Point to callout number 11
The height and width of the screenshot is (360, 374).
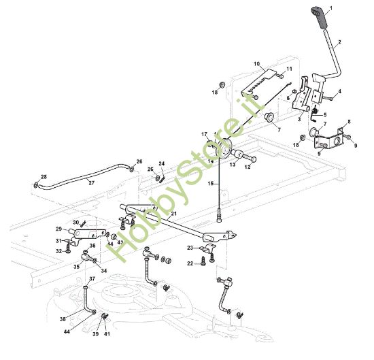(288, 69)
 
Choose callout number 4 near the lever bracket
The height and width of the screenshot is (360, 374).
(339, 91)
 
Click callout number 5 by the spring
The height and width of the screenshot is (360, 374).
(325, 114)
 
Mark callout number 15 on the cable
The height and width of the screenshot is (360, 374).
(211, 184)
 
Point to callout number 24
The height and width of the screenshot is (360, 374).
(161, 164)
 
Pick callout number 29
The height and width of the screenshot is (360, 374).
(58, 229)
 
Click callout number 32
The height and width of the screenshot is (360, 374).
(59, 251)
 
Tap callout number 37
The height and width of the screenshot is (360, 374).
(92, 280)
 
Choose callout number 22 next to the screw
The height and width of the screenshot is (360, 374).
(190, 263)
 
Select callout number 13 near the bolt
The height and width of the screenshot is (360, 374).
(232, 164)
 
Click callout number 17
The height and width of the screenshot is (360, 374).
(203, 134)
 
